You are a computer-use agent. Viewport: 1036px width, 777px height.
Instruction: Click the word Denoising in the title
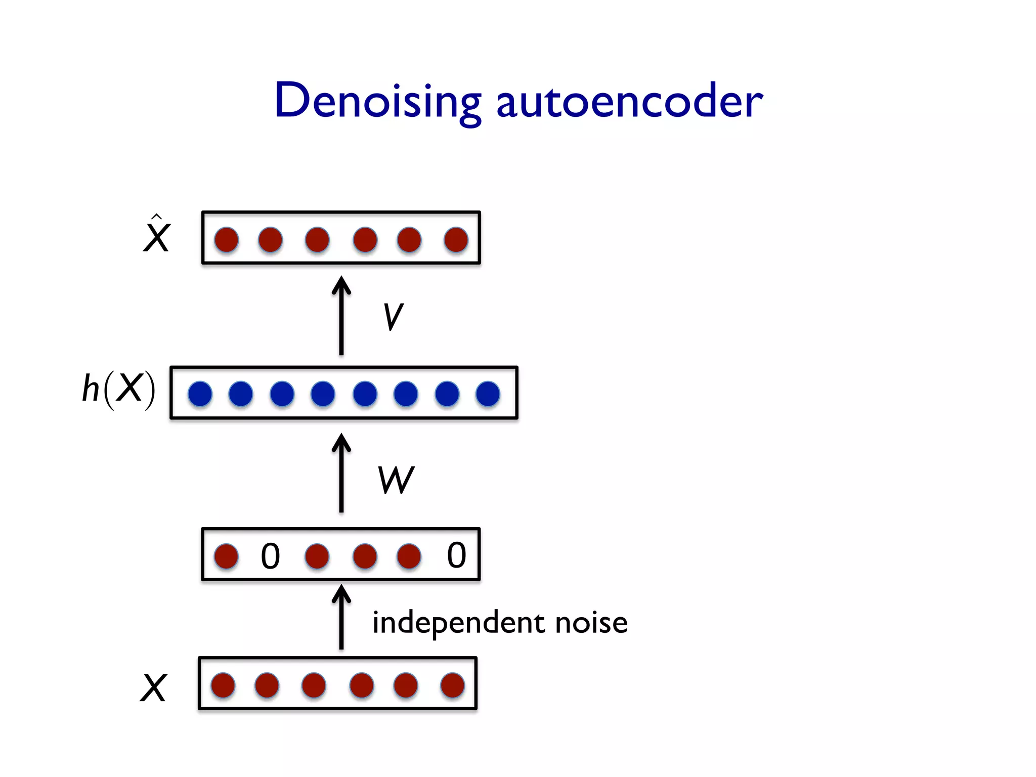click(377, 101)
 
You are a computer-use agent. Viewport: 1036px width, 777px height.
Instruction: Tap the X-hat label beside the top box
click(156, 235)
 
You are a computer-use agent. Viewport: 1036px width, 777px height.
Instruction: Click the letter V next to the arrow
click(393, 317)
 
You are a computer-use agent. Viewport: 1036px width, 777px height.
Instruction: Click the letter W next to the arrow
click(396, 480)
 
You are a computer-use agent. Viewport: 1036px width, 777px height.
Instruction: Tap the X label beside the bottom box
click(153, 687)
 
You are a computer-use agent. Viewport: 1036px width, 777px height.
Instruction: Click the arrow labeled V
click(341, 316)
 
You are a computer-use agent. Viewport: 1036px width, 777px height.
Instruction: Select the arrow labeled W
click(341, 473)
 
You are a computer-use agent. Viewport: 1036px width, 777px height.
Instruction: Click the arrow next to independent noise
click(341, 617)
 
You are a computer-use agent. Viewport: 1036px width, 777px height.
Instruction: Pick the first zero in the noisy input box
click(270, 556)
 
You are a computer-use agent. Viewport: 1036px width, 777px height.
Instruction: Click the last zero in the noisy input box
click(456, 555)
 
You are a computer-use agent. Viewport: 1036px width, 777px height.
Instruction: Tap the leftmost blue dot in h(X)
click(200, 394)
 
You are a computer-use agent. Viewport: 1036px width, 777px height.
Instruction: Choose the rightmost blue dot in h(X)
click(488, 394)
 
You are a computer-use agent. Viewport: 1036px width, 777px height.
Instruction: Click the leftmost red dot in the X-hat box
click(226, 239)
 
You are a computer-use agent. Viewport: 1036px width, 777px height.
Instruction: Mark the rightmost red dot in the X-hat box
click(456, 239)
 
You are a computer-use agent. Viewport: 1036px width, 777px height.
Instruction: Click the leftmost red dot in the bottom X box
click(223, 685)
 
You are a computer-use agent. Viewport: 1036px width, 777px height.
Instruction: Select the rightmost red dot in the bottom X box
click(452, 685)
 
